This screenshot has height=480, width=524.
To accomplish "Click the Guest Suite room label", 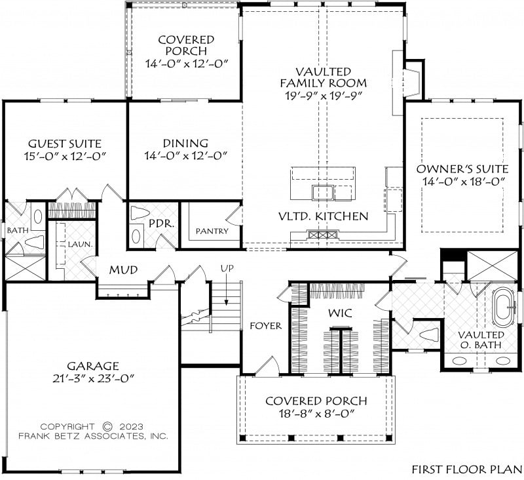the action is click(64, 144).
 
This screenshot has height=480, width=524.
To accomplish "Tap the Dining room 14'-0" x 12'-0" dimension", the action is click(186, 156).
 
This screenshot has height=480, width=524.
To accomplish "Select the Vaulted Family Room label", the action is click(323, 77).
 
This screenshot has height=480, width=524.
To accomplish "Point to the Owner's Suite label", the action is click(462, 169).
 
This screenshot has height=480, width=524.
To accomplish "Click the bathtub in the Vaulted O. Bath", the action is click(504, 307).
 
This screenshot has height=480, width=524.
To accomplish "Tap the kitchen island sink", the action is click(323, 193).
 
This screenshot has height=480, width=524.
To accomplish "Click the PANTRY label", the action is click(212, 231).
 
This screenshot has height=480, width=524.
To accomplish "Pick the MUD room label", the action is click(124, 270).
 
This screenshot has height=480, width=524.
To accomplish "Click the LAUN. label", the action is click(80, 245).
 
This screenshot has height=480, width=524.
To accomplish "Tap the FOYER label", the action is click(266, 325).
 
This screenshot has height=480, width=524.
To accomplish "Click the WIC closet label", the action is click(340, 313).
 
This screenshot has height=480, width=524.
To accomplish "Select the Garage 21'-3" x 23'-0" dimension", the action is click(94, 378).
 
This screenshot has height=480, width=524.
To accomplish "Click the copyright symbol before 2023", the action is click(107, 426).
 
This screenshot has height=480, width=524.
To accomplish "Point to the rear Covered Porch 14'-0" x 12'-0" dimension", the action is click(187, 63).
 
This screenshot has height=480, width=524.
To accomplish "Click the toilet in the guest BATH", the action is click(35, 241).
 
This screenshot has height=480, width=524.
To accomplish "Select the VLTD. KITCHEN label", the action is click(324, 216).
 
